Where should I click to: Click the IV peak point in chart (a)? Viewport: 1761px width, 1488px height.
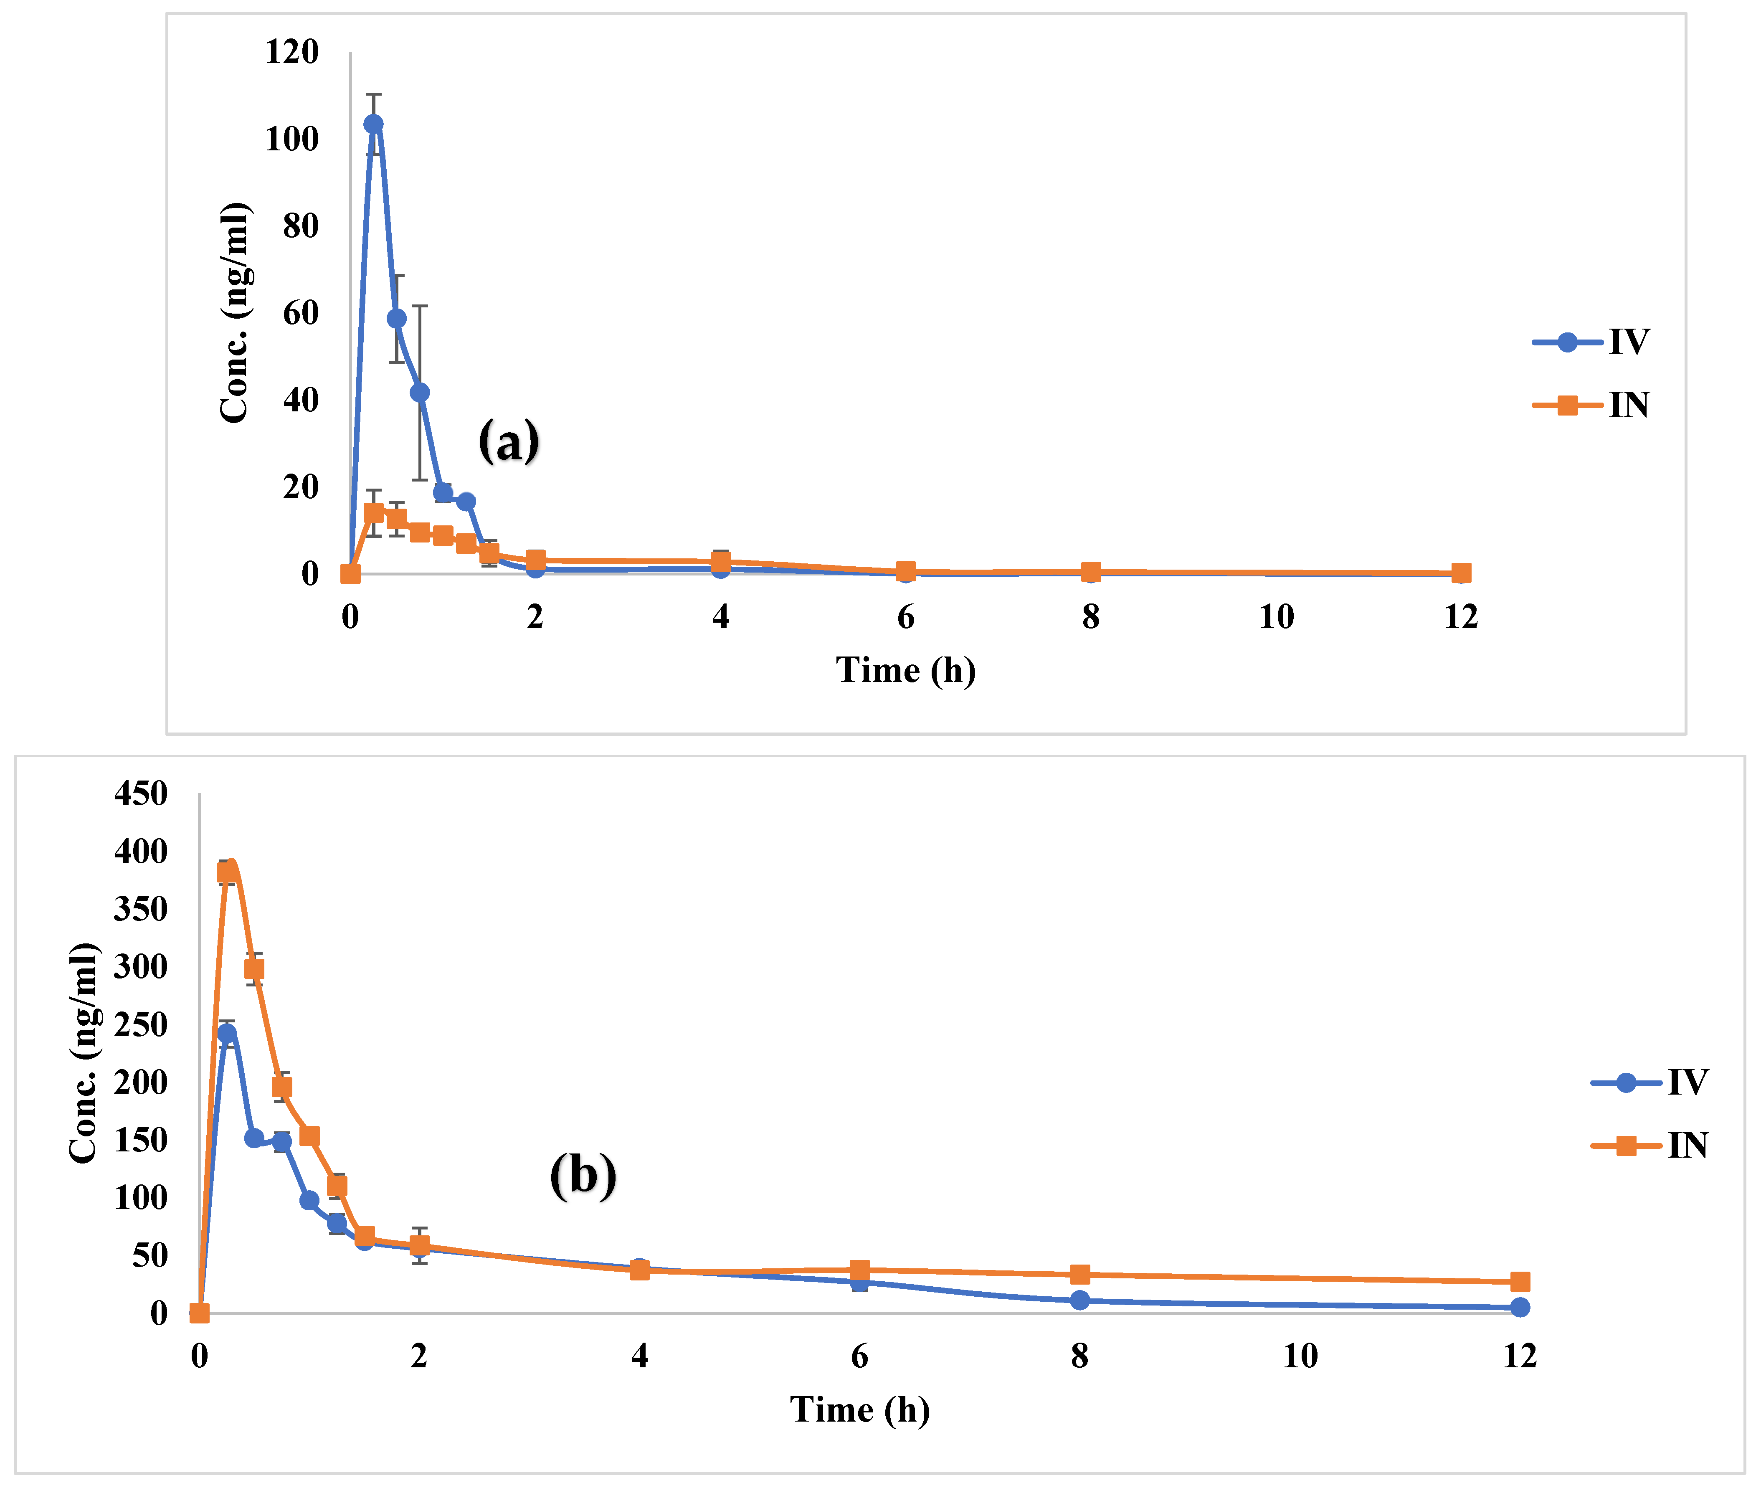(x=373, y=124)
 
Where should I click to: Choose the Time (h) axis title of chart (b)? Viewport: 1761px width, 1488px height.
(x=859, y=1409)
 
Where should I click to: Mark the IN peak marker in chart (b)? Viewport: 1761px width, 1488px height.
(x=227, y=872)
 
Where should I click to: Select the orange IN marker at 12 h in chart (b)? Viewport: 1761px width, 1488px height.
(x=1520, y=1282)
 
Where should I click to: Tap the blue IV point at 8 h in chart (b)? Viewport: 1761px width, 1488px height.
(x=1079, y=1301)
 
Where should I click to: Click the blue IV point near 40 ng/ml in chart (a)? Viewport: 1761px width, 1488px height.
(x=419, y=392)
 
